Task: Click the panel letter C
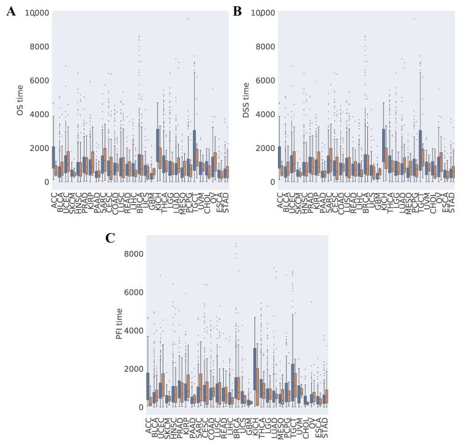tap(110, 238)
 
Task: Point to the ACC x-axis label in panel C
tap(149, 425)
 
